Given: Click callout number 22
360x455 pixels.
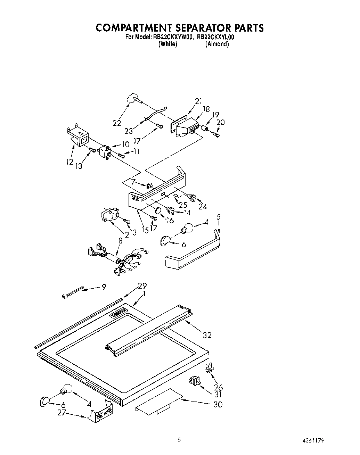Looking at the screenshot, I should click(x=117, y=123).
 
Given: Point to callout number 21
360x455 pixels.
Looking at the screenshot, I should click(x=198, y=101).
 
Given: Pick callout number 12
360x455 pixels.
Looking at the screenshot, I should click(x=70, y=162).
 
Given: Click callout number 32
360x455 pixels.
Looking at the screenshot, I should click(x=207, y=335).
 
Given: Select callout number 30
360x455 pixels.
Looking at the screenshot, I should click(x=218, y=404).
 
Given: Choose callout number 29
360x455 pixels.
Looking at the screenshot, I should click(x=142, y=286).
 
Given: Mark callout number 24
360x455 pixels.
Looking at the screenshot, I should click(x=203, y=206).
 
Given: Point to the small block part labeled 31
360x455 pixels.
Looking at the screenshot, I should click(x=195, y=381).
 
